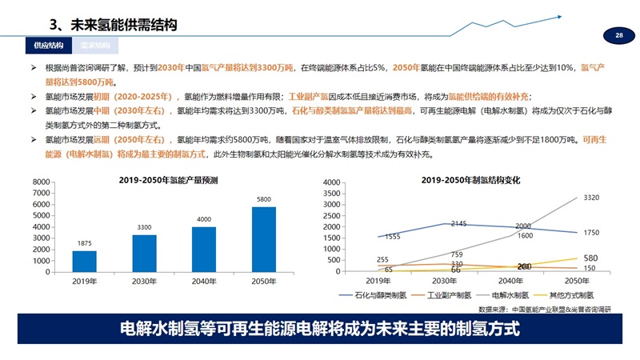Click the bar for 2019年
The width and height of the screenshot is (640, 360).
coord(84,262)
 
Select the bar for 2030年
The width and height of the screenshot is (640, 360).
coord(145,254)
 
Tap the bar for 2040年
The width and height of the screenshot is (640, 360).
coord(204,250)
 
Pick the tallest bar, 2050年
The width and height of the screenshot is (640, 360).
coord(264,240)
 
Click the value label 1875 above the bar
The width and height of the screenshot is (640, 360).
coord(84,243)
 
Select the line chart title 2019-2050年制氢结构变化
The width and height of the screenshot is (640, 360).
coord(471,180)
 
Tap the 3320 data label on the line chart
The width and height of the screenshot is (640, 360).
coord(592,197)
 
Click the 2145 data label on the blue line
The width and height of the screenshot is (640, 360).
coord(458,224)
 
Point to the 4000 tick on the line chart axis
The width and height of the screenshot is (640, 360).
coord(353,183)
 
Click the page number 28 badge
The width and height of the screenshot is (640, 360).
coord(618,36)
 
